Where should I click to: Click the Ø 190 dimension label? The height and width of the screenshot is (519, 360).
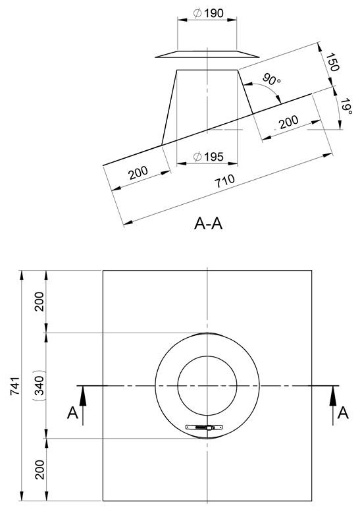(x=208, y=13)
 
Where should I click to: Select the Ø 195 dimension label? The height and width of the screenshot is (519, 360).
(x=208, y=157)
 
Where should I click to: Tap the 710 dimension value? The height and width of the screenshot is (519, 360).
(x=225, y=181)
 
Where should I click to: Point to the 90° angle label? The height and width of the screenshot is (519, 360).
(x=272, y=79)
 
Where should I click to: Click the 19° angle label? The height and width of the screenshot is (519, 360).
(x=346, y=106)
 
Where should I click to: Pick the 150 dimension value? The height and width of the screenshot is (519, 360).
(x=332, y=62)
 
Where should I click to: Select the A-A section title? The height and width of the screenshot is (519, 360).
(x=208, y=224)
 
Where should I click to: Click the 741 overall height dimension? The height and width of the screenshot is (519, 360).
(x=15, y=386)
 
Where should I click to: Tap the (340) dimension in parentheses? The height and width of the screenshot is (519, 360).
(x=39, y=385)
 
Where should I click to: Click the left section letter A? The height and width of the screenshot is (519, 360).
(x=73, y=413)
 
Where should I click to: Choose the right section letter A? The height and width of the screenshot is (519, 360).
(x=343, y=413)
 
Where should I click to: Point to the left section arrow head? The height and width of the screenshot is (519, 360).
(x=83, y=396)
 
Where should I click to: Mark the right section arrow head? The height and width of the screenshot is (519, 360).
(x=333, y=396)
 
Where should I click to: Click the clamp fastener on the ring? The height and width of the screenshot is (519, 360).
(x=204, y=427)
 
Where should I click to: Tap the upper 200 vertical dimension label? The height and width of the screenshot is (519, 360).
(x=39, y=301)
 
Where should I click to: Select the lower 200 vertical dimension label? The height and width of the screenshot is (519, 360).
(x=39, y=470)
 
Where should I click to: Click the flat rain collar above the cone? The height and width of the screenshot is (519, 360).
(x=207, y=54)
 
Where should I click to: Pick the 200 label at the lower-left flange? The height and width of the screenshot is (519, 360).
(x=139, y=173)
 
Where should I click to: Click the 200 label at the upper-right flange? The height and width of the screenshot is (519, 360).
(x=289, y=122)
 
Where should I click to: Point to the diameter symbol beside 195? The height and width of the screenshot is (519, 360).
(x=197, y=157)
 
